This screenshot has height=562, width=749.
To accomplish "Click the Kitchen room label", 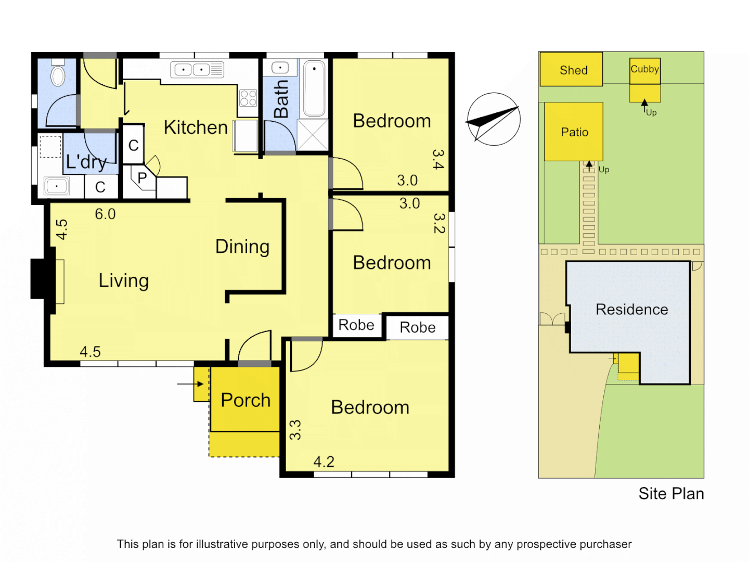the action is click(196, 127).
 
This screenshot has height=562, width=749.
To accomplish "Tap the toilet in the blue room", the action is click(58, 74).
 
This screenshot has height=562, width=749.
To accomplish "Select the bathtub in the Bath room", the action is click(314, 88).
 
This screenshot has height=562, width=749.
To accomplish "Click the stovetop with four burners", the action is click(248, 98).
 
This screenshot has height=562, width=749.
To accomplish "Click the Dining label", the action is click(242, 247).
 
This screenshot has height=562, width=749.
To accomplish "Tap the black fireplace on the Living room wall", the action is click(42, 279).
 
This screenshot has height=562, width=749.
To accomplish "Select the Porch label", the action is click(246, 400).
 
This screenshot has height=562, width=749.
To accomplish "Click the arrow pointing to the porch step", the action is click(190, 384).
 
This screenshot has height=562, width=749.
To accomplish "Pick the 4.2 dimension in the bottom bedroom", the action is click(324, 462).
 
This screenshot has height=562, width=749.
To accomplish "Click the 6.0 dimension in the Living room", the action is click(105, 214).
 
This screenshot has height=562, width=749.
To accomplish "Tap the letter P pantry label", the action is click(142, 178).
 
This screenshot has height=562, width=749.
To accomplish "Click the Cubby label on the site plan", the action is click(644, 69).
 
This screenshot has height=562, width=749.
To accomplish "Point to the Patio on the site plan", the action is click(574, 132).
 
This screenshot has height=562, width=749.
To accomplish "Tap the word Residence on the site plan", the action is click(631, 310).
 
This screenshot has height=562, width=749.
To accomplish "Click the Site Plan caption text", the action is click(671, 493).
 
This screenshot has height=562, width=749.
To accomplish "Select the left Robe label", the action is click(356, 325).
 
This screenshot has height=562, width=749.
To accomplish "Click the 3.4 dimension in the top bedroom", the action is click(438, 159).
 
